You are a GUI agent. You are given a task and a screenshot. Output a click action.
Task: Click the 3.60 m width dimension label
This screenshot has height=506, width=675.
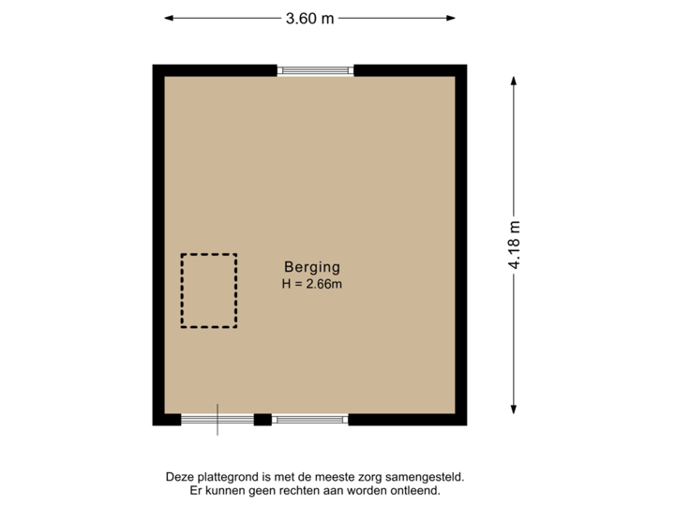310,18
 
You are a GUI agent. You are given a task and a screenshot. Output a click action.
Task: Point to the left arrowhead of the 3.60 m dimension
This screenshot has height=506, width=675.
169,18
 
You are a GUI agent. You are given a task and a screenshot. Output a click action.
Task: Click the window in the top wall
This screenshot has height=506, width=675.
316,69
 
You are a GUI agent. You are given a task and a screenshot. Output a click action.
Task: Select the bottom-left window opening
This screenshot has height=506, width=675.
217,421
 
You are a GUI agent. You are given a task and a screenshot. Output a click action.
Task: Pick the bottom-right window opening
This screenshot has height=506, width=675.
310,421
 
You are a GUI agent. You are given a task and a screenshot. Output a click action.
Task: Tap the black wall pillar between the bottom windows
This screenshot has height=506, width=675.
262,421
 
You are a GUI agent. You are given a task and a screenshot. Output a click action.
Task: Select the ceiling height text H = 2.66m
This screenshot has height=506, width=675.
310,284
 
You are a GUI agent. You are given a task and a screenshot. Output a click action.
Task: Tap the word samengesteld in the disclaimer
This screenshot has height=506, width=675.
427,478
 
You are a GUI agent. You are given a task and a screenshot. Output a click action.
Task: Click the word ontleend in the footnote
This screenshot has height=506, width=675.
415,491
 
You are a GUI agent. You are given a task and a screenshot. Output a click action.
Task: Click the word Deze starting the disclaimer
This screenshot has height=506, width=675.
177,478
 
